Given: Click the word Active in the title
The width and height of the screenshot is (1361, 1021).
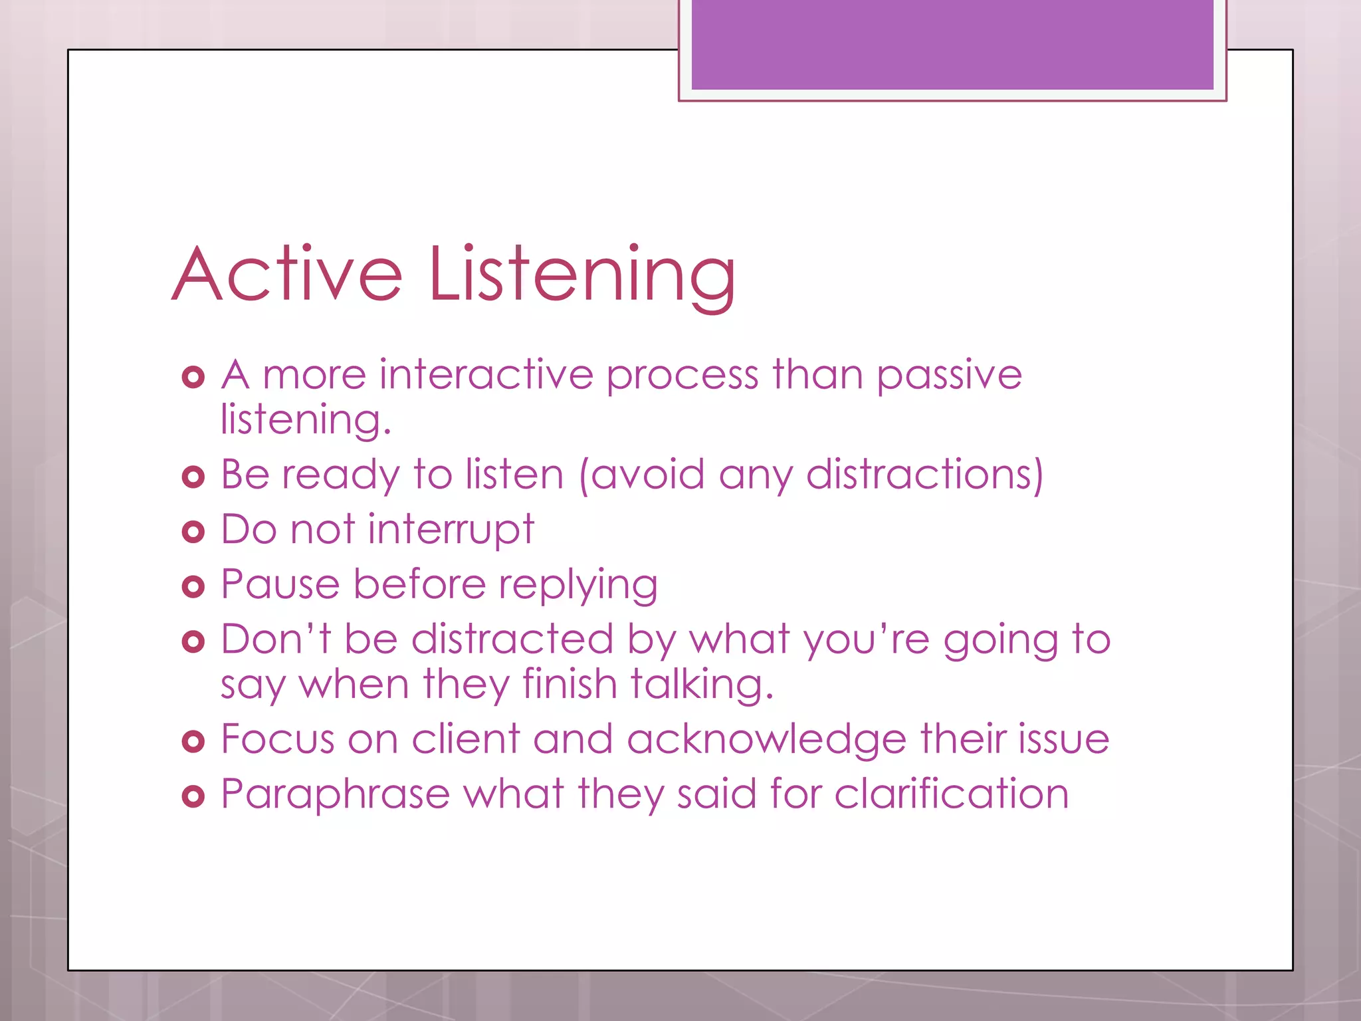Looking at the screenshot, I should click(x=287, y=274).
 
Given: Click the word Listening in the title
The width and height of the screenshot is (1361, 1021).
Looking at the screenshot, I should click(x=582, y=274).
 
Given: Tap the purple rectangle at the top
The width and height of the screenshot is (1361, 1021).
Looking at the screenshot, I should click(x=952, y=44).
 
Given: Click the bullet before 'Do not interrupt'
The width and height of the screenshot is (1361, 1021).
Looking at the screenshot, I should click(x=193, y=532).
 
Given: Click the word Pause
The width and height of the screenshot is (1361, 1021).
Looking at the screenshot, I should click(x=280, y=585).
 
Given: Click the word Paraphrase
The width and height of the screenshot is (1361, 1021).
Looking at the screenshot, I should click(x=336, y=794).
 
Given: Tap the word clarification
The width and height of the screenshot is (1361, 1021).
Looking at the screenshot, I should click(x=952, y=794).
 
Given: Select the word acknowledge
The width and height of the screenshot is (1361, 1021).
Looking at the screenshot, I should click(x=766, y=740).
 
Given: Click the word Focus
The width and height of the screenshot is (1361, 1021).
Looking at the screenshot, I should click(x=277, y=739).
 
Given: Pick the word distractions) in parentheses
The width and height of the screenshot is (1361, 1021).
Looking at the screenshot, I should click(x=924, y=475).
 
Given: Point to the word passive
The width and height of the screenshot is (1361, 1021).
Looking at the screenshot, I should click(x=949, y=376).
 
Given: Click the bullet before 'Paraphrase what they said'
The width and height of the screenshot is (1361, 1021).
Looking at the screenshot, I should click(x=193, y=796).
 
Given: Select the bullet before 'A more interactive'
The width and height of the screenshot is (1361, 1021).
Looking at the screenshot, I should click(x=193, y=377).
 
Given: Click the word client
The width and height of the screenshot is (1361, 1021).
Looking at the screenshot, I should click(x=465, y=739).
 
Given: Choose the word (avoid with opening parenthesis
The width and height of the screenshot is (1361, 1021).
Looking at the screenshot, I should click(x=642, y=475).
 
